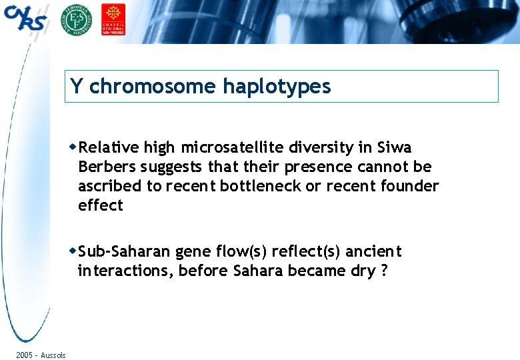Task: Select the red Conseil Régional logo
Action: click(113, 19)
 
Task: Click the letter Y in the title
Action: click(77, 87)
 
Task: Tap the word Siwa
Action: click(394, 147)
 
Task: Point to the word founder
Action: click(410, 186)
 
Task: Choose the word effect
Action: click(101, 205)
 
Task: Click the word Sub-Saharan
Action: click(125, 251)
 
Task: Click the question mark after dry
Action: click(383, 271)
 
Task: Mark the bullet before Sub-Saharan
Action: click(73, 251)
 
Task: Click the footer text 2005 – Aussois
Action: click(41, 355)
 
